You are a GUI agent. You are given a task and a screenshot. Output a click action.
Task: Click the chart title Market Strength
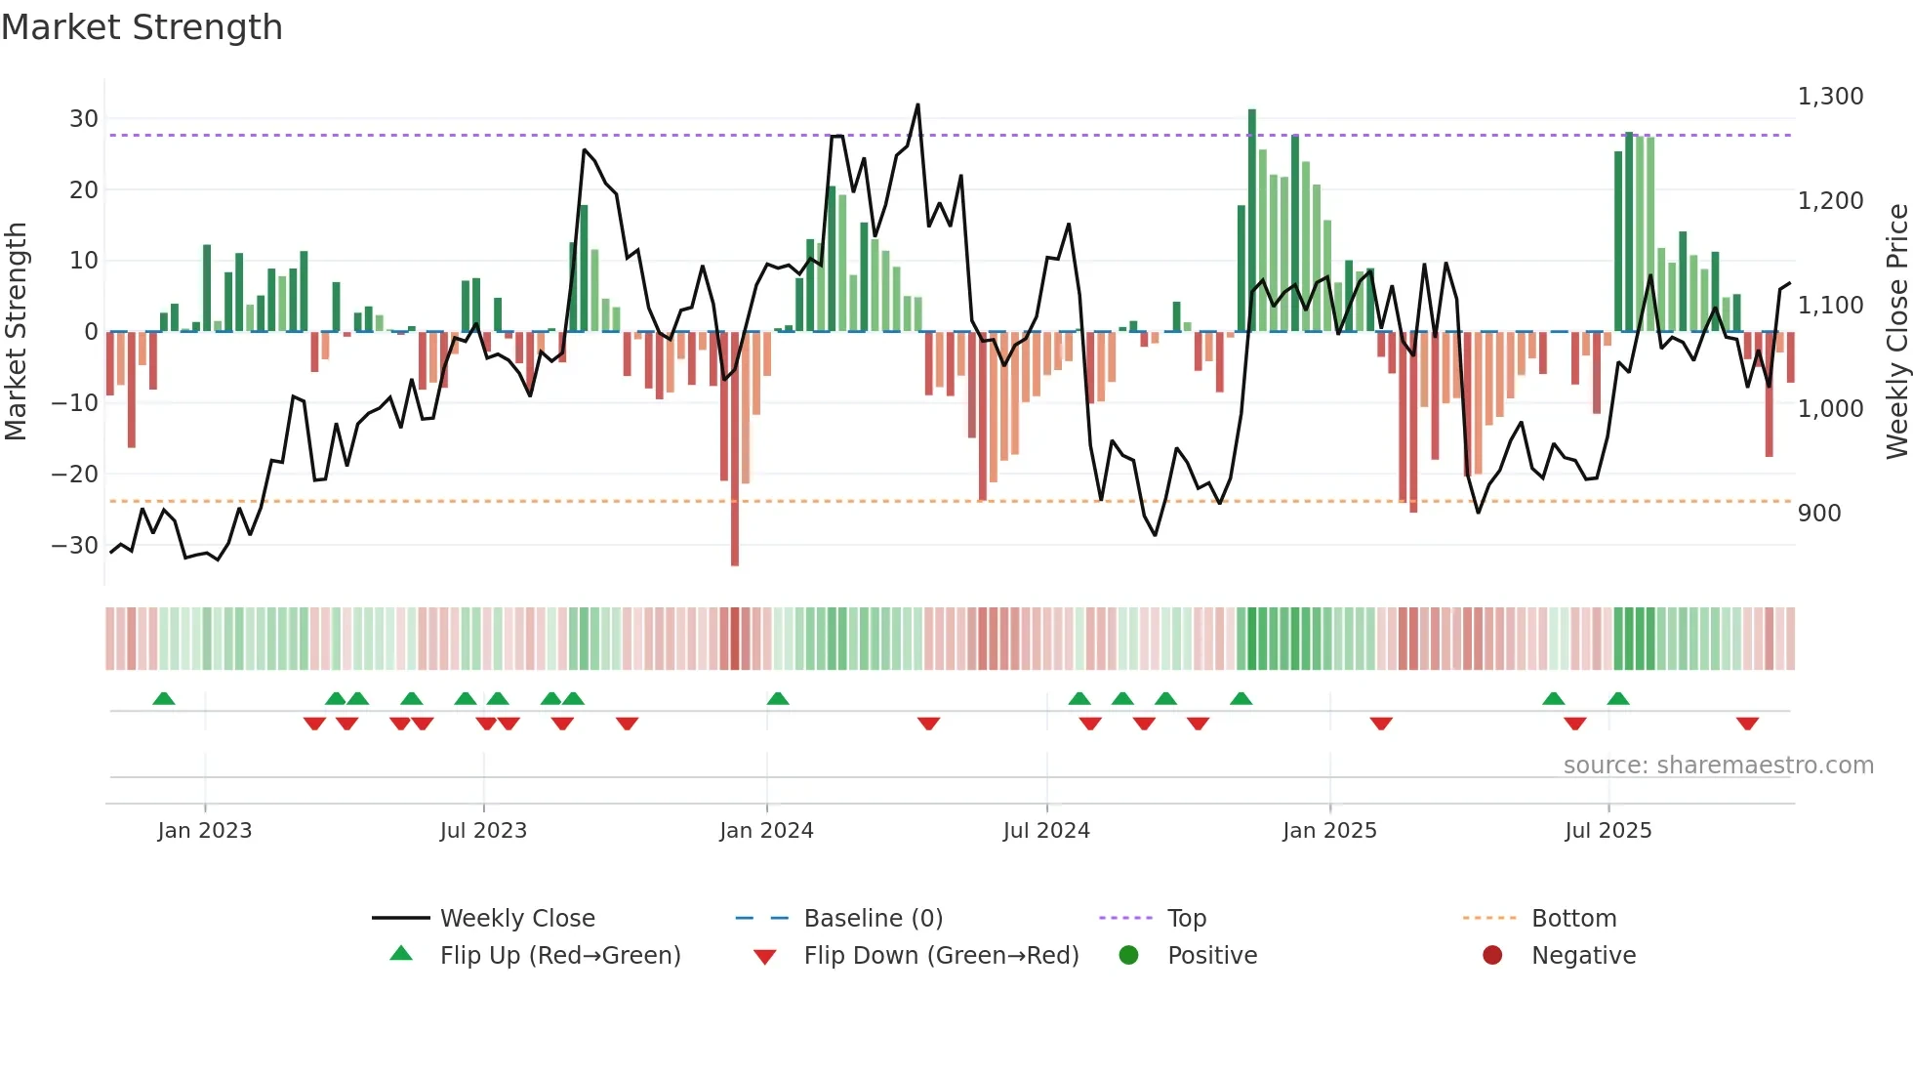tap(142, 27)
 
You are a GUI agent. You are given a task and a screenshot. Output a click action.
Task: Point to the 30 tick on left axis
tap(84, 119)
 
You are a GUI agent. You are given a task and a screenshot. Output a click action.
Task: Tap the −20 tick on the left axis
tap(76, 475)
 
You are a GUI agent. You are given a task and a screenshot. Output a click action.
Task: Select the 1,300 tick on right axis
tap(1830, 97)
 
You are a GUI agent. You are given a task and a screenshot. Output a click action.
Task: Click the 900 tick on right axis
tap(1819, 514)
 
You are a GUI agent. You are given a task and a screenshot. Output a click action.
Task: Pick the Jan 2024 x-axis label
tap(766, 831)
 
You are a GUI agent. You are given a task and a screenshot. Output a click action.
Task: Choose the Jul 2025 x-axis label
tap(1608, 831)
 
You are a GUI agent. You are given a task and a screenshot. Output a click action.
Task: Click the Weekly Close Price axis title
tap(1896, 332)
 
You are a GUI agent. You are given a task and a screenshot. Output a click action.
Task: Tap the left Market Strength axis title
tap(17, 332)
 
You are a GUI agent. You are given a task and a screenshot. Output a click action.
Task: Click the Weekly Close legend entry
tap(516, 919)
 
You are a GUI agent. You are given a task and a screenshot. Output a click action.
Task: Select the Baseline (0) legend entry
tap(873, 919)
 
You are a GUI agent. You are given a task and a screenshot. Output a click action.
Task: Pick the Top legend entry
tap(1186, 919)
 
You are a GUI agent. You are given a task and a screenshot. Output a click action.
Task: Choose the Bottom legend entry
tap(1573, 919)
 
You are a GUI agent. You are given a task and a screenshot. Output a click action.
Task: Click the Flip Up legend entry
tap(559, 956)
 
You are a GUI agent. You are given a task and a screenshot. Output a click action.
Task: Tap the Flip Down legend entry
tap(940, 956)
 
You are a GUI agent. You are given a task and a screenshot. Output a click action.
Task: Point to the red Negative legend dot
tap(1492, 955)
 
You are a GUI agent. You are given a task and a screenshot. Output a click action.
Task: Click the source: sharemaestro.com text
tap(1718, 766)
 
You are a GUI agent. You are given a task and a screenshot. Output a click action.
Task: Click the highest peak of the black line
tap(917, 104)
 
